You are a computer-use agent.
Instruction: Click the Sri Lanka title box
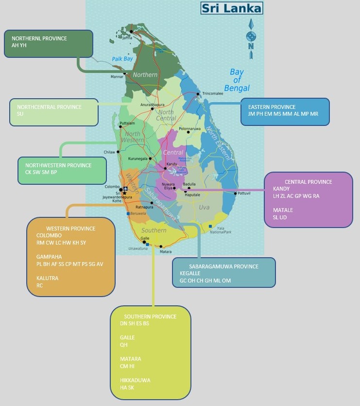[x=232, y=8]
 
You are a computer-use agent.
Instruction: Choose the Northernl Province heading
[x=39, y=38]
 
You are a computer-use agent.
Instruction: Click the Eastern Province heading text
[x=272, y=107]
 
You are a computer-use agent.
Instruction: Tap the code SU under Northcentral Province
[x=20, y=114]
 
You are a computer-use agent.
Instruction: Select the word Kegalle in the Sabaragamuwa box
[x=190, y=273]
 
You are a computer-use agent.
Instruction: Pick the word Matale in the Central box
[x=283, y=210]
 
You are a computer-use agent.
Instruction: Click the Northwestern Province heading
[x=58, y=165]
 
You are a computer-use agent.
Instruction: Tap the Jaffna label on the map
[x=127, y=37]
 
